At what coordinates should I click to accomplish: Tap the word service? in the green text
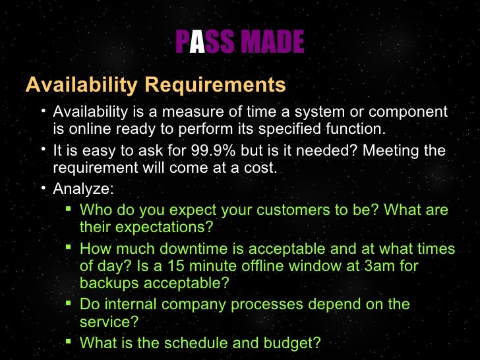tap(108, 322)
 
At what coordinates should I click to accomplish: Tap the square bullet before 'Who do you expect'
tap(69, 209)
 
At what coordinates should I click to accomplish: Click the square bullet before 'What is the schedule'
tap(69, 342)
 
